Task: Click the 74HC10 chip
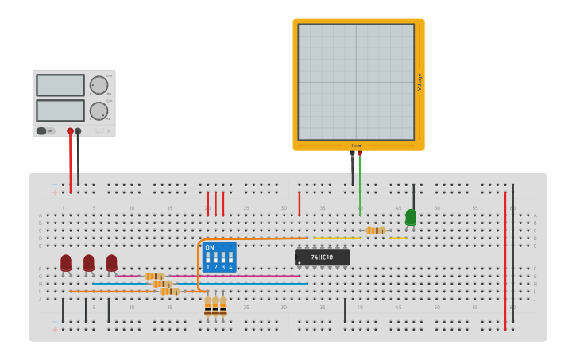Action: coord(322,257)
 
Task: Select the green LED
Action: coord(410,217)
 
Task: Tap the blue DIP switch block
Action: coord(219,257)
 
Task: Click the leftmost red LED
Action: coord(66,262)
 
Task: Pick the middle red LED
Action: coord(89,262)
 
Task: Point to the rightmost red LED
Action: coord(112,262)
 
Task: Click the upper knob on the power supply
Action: coord(98,85)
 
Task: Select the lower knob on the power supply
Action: coord(98,110)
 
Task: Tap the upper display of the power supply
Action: coord(60,85)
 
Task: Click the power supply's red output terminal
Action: coord(70,131)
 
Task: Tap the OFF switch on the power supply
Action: coord(46,131)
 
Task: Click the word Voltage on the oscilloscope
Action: coord(419,82)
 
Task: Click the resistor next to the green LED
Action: coord(376,230)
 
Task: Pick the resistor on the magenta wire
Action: coord(154,277)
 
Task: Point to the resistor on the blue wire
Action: coord(162,284)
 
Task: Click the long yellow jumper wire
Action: coord(337,238)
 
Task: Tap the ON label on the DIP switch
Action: coord(210,247)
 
